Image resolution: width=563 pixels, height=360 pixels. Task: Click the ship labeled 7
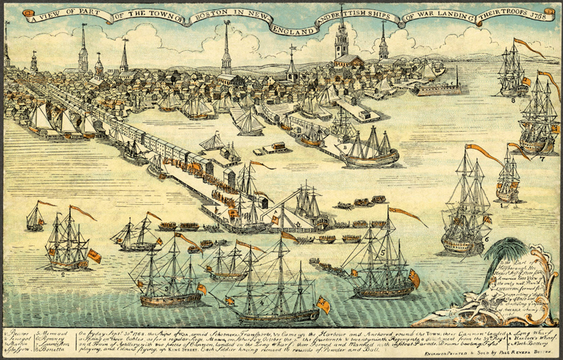[535, 120]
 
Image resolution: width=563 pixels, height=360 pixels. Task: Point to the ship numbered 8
[512, 74]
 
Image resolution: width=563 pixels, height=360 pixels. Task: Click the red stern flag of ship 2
[94, 256]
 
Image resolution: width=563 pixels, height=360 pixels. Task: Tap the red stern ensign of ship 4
[323, 305]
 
